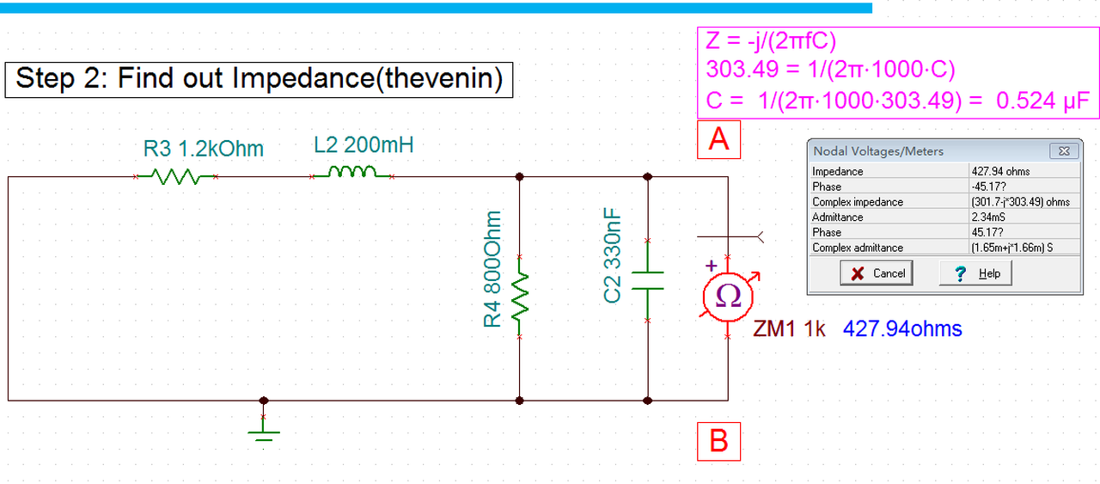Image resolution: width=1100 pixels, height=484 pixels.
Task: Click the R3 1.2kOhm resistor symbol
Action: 175,178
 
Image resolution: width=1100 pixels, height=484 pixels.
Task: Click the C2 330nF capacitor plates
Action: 647,281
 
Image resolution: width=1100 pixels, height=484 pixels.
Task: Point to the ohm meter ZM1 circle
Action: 728,297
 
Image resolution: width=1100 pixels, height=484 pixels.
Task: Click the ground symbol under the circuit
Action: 264,430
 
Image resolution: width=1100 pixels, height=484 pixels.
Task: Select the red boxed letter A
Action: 718,138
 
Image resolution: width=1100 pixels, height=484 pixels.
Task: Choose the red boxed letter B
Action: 718,440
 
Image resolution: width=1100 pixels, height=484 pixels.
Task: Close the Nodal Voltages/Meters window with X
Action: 1064,151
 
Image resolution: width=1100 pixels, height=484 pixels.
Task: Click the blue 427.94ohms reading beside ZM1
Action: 902,328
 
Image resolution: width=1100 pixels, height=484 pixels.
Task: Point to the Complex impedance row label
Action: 858,202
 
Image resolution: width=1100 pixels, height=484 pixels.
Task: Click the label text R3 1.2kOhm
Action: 204,148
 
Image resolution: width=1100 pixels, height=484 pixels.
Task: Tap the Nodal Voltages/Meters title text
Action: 877,151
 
